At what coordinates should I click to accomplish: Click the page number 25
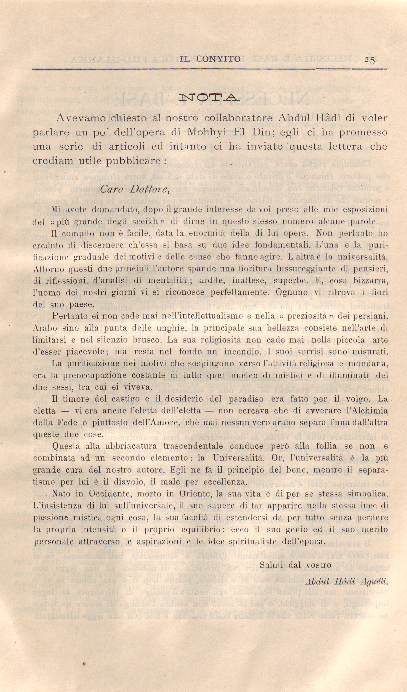[x=370, y=60]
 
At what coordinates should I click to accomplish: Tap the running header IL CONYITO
[x=210, y=59]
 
